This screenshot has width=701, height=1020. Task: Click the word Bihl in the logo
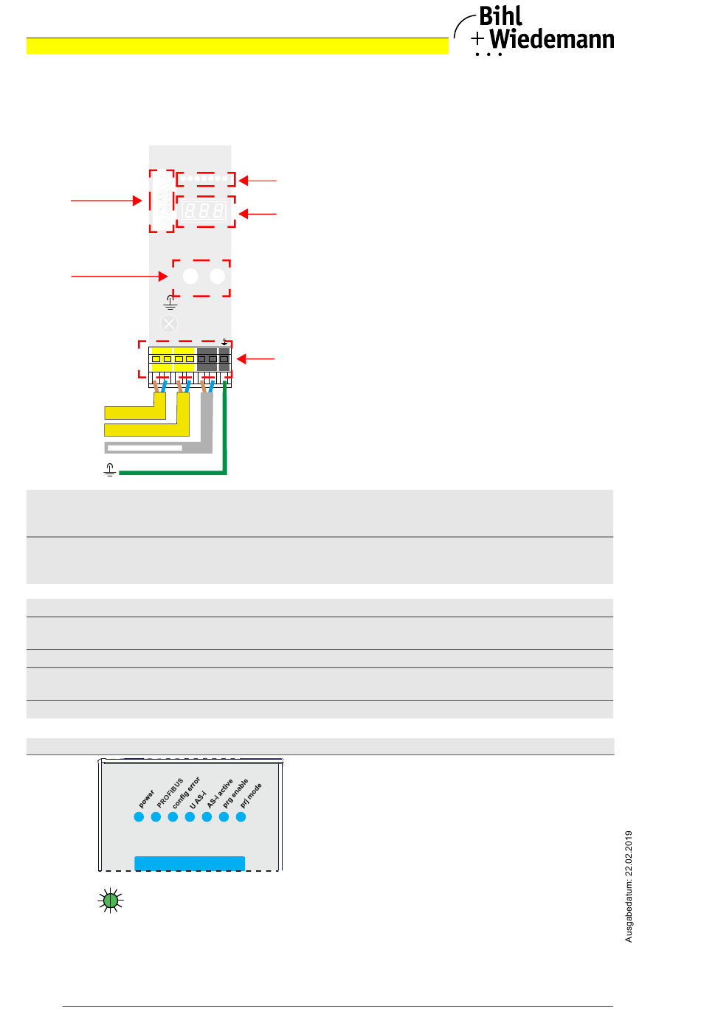[500, 16]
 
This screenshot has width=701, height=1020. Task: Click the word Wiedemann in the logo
[551, 39]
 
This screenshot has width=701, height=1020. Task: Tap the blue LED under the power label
[139, 816]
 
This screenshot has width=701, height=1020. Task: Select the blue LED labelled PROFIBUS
[156, 816]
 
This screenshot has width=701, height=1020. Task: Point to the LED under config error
[173, 816]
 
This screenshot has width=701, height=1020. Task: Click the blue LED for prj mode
[241, 816]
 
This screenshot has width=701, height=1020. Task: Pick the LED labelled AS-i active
[207, 816]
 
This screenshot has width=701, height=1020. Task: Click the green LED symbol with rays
[111, 900]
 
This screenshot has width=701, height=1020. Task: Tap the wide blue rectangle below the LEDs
[190, 863]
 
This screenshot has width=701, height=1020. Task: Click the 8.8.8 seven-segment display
[204, 212]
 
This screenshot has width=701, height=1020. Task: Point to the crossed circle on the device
[169, 324]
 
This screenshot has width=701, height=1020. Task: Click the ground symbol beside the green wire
[110, 470]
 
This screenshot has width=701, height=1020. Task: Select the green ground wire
[173, 472]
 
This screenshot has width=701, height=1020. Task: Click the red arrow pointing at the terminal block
[255, 359]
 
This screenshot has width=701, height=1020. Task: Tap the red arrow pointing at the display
[257, 214]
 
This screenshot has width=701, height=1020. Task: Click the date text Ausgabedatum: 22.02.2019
[629, 887]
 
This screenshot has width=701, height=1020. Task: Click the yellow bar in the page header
[237, 46]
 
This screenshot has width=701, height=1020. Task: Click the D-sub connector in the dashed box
[162, 201]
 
